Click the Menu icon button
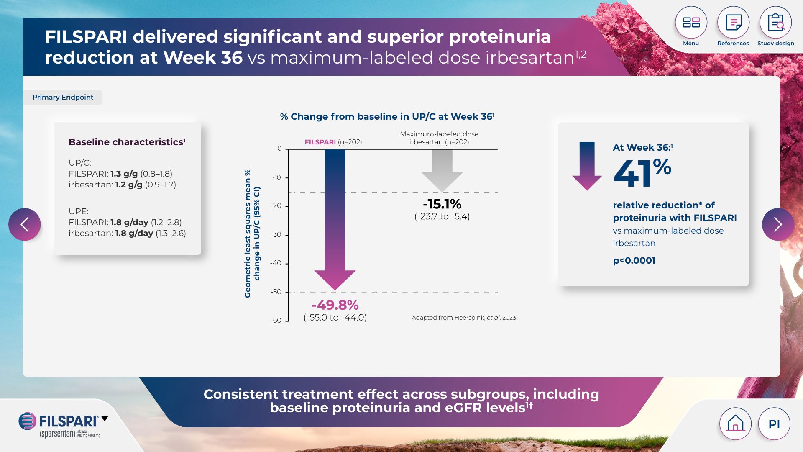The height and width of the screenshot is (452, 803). click(x=691, y=23)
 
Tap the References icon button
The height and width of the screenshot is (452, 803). click(x=733, y=23)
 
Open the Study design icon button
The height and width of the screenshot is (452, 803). click(x=775, y=23)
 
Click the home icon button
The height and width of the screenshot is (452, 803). click(x=735, y=424)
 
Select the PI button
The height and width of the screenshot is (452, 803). click(x=774, y=424)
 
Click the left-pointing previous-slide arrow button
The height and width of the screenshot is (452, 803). click(x=25, y=224)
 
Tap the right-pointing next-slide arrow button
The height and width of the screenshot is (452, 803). click(x=778, y=224)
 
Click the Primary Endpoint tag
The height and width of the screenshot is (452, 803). click(x=63, y=97)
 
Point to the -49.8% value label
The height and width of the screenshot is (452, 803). click(x=335, y=305)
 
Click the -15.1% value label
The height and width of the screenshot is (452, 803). click(x=442, y=204)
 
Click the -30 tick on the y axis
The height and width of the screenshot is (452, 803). click(x=276, y=235)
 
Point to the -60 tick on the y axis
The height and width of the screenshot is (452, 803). click(x=276, y=321)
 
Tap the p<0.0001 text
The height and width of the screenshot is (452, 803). click(x=634, y=260)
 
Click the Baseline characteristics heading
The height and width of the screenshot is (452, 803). click(x=126, y=142)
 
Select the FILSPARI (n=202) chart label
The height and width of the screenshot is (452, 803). click(x=333, y=142)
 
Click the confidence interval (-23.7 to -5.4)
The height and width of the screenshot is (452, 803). click(x=442, y=216)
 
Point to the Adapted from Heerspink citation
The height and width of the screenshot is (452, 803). click(x=464, y=318)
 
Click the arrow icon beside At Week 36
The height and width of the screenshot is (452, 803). click(x=587, y=166)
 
